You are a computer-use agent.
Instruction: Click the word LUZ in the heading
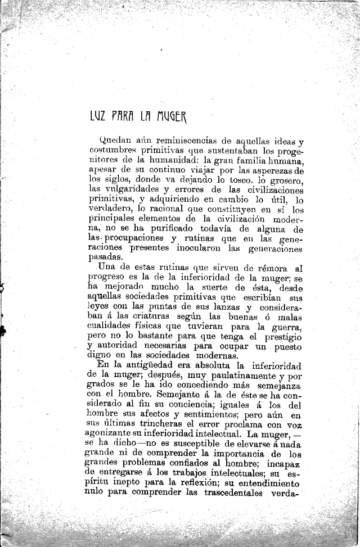(x=99, y=117)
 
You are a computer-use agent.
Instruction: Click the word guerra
(x=288, y=327)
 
